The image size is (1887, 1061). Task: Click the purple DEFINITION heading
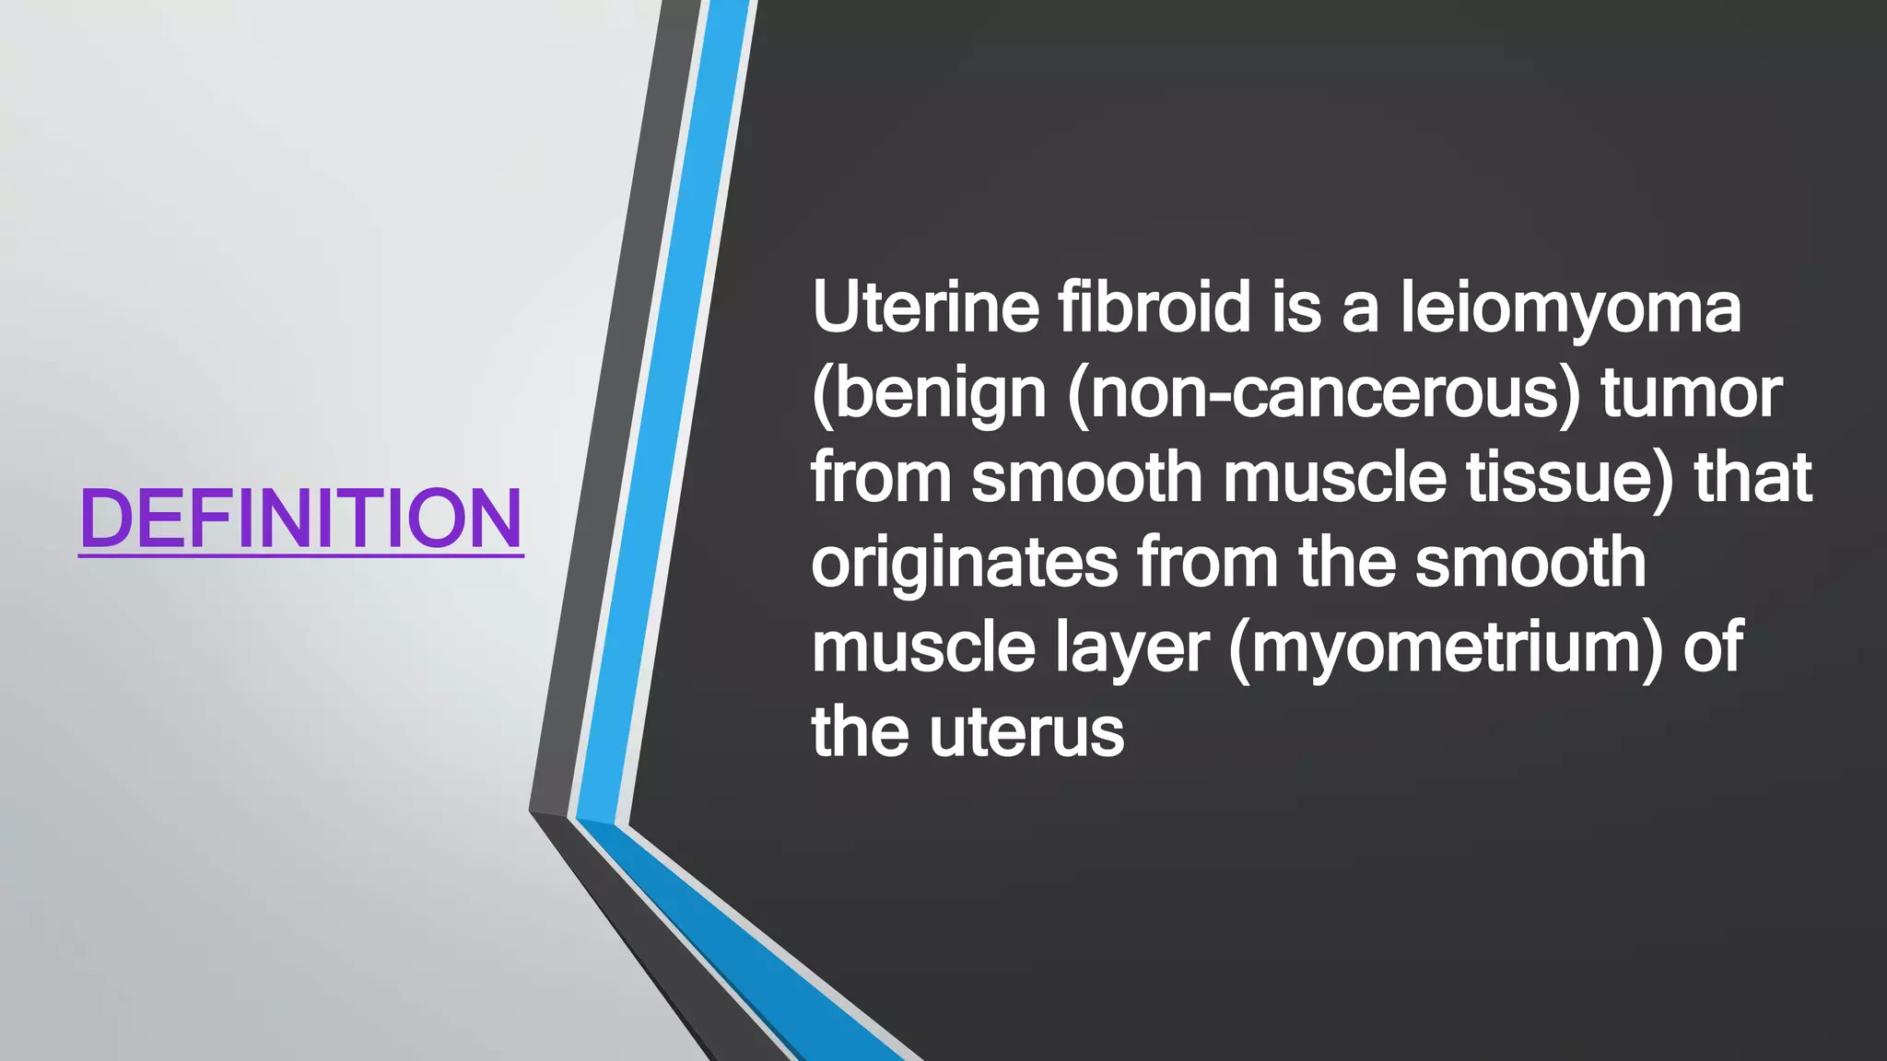[x=301, y=518]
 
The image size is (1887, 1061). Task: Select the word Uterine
[x=925, y=308]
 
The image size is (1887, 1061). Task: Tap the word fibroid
[x=1154, y=308]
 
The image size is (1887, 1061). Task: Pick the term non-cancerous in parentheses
[x=1324, y=394]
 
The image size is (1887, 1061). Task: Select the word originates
[x=964, y=564]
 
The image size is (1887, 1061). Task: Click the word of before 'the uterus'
[x=1713, y=647]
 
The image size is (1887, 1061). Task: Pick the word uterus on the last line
[x=1026, y=733]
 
